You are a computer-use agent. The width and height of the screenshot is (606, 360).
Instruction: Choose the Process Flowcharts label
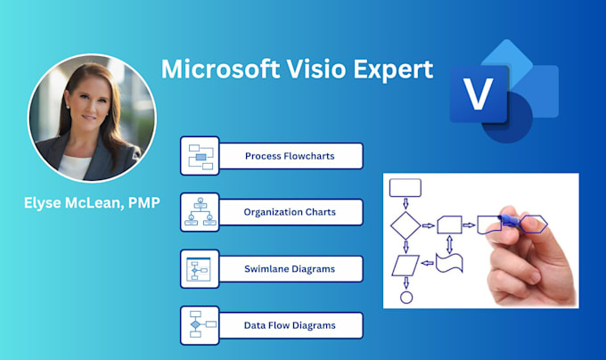pyautogui.click(x=290, y=157)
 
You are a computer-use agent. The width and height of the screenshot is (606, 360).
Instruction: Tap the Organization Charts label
pyautogui.click(x=290, y=212)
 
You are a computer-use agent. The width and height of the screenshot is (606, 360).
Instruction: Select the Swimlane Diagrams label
pyautogui.click(x=290, y=268)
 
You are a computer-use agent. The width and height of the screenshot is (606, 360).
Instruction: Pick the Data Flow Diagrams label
pyautogui.click(x=290, y=325)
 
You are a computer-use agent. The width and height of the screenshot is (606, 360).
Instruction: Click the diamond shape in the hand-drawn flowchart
pyautogui.click(x=405, y=225)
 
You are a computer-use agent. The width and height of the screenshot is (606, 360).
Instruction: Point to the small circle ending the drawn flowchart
pyautogui.click(x=406, y=297)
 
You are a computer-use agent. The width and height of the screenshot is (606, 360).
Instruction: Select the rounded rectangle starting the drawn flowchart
pyautogui.click(x=405, y=186)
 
